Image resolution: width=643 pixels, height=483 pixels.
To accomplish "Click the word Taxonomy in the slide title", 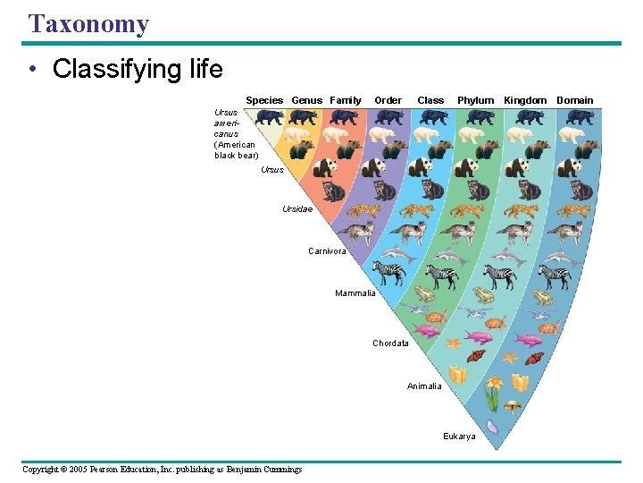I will tap(88, 23).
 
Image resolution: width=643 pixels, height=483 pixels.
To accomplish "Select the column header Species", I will tap(264, 100).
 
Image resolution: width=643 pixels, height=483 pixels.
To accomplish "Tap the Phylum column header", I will tap(475, 100).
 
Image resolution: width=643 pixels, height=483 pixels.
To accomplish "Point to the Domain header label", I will tap(574, 100).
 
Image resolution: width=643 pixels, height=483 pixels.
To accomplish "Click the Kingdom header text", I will tap(525, 100).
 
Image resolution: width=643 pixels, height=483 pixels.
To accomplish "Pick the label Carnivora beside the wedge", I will tap(327, 251).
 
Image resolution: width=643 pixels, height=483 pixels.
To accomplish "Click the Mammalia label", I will tap(355, 293).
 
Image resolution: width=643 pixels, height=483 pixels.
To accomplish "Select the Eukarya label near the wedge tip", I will tap(459, 436).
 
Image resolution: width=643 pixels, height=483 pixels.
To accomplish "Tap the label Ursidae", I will tap(297, 209).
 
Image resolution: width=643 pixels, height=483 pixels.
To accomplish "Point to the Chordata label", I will tap(390, 343).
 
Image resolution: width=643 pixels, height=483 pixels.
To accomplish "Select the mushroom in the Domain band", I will tap(512, 405).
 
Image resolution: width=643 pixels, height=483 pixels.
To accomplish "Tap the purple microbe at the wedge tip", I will tap(491, 428).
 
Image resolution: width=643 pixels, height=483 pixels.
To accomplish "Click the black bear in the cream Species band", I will tap(267, 116).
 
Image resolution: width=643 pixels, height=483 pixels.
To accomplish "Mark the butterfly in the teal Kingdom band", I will tap(533, 359).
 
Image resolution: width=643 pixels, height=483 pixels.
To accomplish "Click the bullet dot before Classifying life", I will tap(32, 70).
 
